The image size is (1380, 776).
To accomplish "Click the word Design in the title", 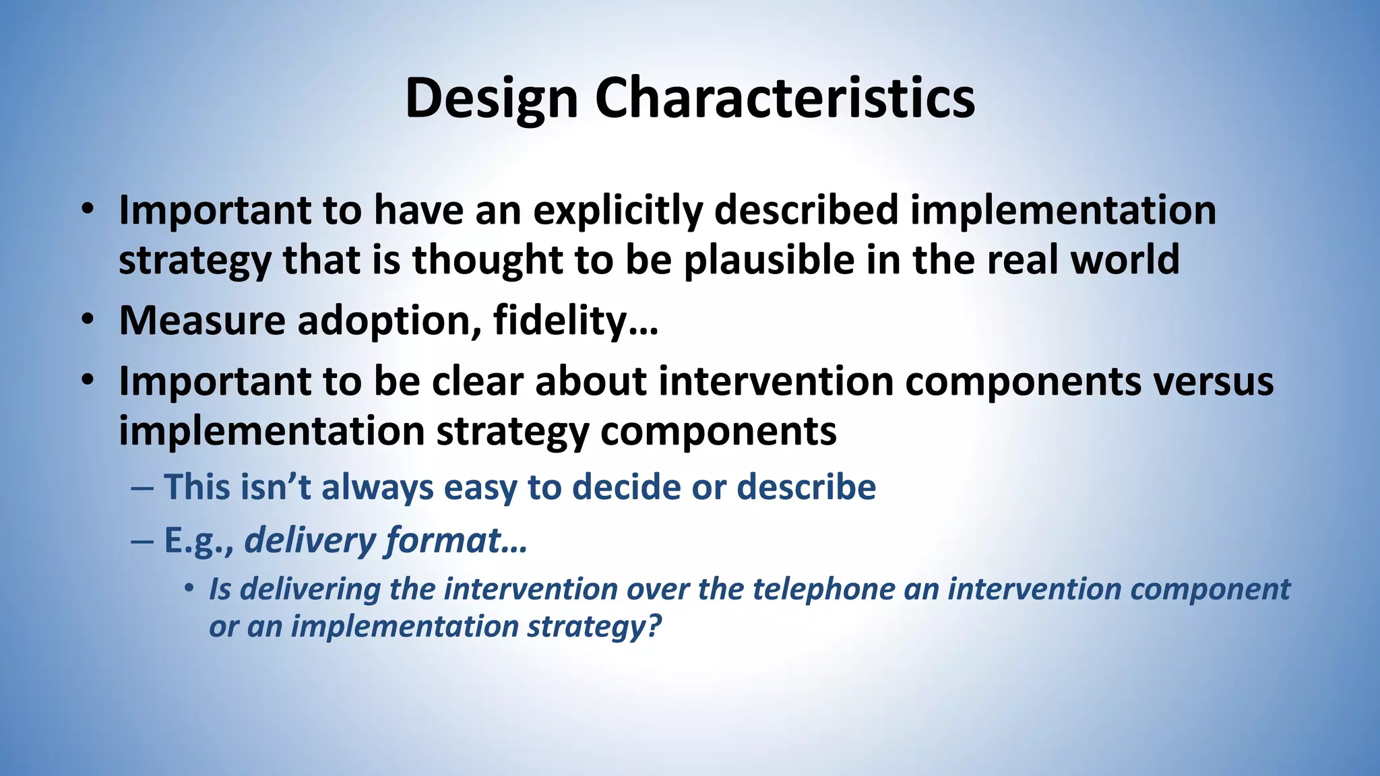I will [x=491, y=98].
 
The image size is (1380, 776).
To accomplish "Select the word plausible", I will [x=769, y=260].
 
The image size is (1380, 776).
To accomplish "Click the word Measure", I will [x=201, y=321].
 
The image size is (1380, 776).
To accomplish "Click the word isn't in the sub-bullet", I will [x=276, y=487].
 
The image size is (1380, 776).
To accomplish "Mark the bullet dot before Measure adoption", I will [x=88, y=320].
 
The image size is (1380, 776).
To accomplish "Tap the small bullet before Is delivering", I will [x=189, y=589].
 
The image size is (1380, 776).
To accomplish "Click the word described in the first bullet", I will [x=806, y=210].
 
